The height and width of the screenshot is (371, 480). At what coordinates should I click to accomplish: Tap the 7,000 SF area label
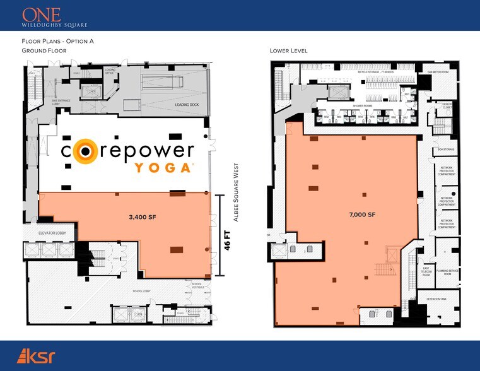click(x=362, y=215)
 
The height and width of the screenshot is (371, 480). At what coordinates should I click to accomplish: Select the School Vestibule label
click(x=201, y=286)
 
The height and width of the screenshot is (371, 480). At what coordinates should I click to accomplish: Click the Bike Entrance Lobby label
click(x=61, y=100)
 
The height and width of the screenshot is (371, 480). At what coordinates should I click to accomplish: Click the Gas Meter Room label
click(x=438, y=73)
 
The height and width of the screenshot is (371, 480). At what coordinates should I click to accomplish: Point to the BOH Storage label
click(x=446, y=150)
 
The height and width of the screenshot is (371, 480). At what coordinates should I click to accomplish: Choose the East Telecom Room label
click(x=426, y=271)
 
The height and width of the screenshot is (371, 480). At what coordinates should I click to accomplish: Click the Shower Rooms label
click(x=361, y=106)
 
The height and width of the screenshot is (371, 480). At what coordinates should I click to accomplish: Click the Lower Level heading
click(x=288, y=50)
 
